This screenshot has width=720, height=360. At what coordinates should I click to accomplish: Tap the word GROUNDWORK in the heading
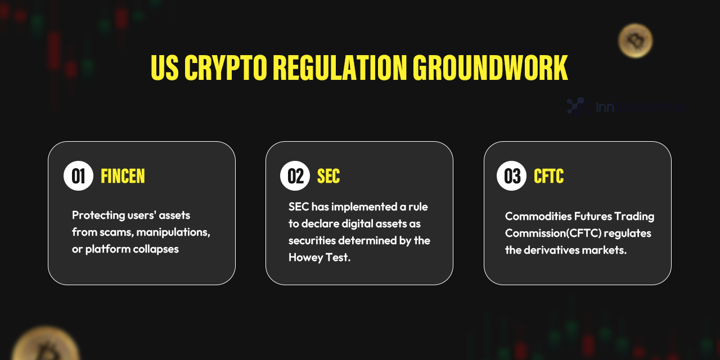pyautogui.click(x=490, y=69)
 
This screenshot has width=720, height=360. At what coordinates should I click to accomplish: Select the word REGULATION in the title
pyautogui.click(x=340, y=69)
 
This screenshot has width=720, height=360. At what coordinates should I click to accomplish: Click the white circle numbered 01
pyautogui.click(x=78, y=176)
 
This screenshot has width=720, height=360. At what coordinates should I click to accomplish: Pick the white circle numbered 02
pyautogui.click(x=295, y=176)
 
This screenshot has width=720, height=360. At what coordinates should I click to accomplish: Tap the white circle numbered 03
pyautogui.click(x=511, y=176)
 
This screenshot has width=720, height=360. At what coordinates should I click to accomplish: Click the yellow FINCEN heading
pyautogui.click(x=123, y=177)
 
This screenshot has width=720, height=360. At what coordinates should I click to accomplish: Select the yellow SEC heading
pyautogui.click(x=328, y=177)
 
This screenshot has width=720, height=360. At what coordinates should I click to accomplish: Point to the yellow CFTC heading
pyautogui.click(x=548, y=177)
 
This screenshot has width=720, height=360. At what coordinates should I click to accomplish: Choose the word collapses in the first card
pyautogui.click(x=155, y=249)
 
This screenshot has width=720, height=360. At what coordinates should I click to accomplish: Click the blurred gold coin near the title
pyautogui.click(x=635, y=40)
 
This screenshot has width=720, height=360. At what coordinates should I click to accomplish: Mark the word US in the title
pyautogui.click(x=164, y=69)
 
